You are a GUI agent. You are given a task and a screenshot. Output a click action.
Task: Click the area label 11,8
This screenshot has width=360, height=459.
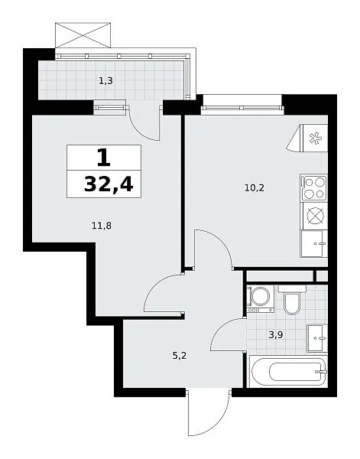102,226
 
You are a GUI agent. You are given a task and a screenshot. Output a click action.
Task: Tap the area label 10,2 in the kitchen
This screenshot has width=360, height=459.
255,187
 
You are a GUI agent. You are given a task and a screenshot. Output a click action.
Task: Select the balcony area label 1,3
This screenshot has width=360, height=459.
105,80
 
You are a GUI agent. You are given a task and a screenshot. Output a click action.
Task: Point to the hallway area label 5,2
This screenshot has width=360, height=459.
180,356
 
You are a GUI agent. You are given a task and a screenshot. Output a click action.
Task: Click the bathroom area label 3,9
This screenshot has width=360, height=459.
276,334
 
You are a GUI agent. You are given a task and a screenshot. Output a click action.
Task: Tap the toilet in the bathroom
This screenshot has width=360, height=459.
292,299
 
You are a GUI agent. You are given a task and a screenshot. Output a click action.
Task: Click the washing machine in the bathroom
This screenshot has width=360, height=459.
261,298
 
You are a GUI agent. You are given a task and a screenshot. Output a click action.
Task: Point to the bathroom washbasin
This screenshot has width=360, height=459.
317,338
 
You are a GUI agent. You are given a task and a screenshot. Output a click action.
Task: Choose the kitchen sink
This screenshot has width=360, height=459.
314,244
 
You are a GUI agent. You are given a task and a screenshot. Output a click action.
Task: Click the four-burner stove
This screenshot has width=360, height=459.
314,188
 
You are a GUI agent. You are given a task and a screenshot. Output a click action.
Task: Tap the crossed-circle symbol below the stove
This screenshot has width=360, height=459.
316,216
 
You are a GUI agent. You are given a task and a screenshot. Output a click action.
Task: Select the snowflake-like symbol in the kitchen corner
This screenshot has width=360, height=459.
316,138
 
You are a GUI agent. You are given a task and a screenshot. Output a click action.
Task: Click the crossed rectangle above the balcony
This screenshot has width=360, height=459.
83,35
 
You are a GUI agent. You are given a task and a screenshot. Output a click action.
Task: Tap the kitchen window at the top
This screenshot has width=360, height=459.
243,108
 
